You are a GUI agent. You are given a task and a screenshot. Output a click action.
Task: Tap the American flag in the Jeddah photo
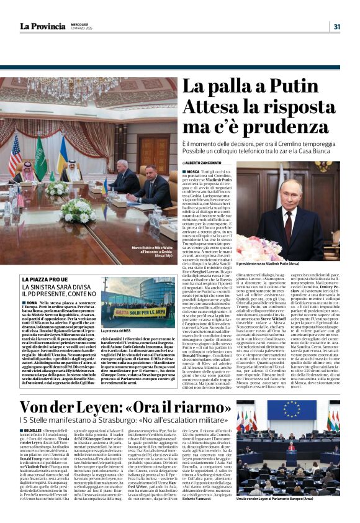14,155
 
